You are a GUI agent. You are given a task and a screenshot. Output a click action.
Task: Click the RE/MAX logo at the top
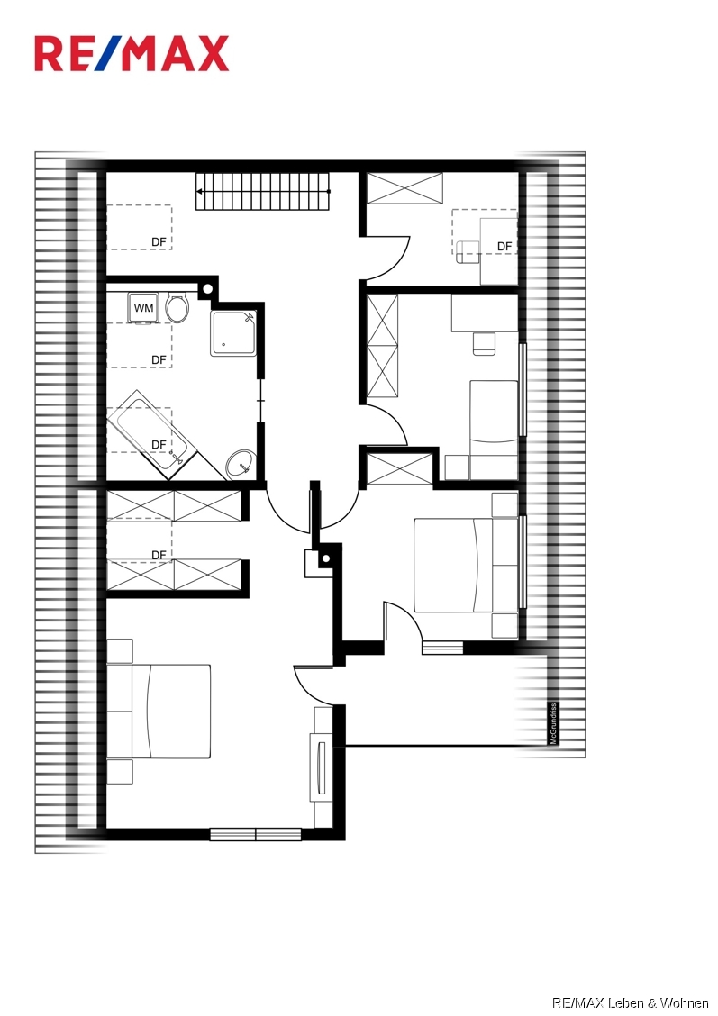click(x=132, y=54)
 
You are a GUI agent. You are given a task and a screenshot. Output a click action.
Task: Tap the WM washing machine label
click(x=143, y=308)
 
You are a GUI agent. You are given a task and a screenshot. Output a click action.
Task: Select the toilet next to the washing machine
click(x=177, y=309)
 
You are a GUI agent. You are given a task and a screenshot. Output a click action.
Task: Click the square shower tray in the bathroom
click(x=232, y=333)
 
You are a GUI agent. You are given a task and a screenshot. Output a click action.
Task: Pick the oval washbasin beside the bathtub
click(x=240, y=464)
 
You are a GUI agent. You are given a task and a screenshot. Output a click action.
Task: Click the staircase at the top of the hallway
click(x=263, y=191)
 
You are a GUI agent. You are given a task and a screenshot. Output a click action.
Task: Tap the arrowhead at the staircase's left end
click(x=200, y=191)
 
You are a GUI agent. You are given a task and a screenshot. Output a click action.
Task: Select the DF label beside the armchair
click(x=504, y=246)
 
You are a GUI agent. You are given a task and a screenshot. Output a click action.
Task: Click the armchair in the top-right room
click(x=467, y=252)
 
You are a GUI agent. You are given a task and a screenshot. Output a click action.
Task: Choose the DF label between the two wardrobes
click(x=159, y=555)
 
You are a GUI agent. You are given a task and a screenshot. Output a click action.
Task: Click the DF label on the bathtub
click(x=159, y=445)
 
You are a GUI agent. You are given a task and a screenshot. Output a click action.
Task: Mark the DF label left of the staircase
click(x=159, y=241)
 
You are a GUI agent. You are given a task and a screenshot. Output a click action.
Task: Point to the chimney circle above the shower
click(x=207, y=289)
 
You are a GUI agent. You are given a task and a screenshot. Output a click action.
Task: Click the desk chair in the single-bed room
click(x=484, y=343)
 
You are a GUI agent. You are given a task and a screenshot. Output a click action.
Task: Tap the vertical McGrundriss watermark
click(x=553, y=723)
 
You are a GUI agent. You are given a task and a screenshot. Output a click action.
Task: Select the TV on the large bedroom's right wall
click(x=317, y=767)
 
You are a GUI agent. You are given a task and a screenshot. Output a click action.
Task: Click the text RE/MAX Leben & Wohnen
click(x=630, y=1002)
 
